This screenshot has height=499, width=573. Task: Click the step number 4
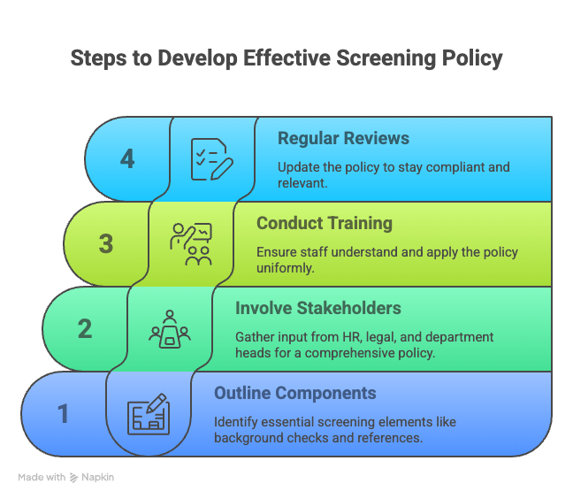click(x=127, y=159)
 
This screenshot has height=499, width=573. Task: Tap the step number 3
click(x=106, y=244)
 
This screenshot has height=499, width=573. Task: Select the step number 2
click(x=85, y=328)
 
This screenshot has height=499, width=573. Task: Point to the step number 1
click(x=63, y=413)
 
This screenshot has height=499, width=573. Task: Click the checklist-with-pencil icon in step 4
click(x=212, y=159)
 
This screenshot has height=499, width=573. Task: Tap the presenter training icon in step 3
click(x=191, y=244)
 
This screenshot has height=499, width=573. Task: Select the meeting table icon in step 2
click(x=170, y=329)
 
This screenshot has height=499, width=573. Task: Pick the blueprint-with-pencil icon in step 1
click(x=149, y=414)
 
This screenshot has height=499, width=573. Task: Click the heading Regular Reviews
click(x=343, y=139)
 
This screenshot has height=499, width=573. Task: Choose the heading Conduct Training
click(x=325, y=223)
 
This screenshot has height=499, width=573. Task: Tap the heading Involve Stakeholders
click(x=318, y=308)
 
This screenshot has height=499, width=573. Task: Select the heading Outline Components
click(x=295, y=393)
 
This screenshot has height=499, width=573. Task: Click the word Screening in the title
click(x=386, y=58)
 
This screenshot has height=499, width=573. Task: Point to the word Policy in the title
click(x=472, y=58)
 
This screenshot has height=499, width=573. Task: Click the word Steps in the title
click(x=99, y=58)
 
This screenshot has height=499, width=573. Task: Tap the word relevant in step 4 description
click(x=302, y=183)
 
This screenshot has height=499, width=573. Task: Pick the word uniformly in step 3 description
click(x=285, y=268)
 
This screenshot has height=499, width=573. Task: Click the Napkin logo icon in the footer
click(x=73, y=478)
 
